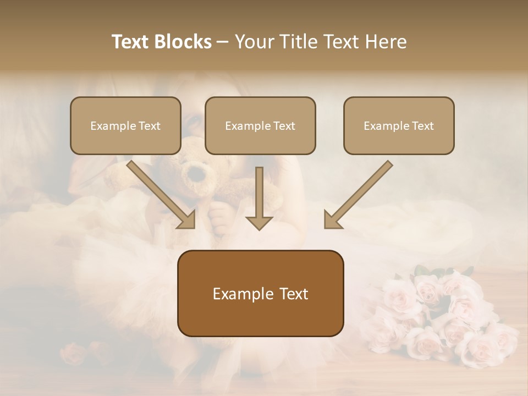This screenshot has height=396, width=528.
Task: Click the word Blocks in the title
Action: point(184,42)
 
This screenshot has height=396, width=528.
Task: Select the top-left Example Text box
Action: point(125,125)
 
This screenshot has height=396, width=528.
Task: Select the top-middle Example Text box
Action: point(260,125)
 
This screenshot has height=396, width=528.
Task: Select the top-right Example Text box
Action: point(399,125)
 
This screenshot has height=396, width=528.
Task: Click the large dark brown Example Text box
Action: point(260,293)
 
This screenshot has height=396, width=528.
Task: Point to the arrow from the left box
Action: point(159,194)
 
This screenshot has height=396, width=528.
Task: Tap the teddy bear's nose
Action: point(196,175)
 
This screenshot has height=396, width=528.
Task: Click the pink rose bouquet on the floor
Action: point(440,319)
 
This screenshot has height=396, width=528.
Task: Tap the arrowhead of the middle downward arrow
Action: point(259,223)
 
